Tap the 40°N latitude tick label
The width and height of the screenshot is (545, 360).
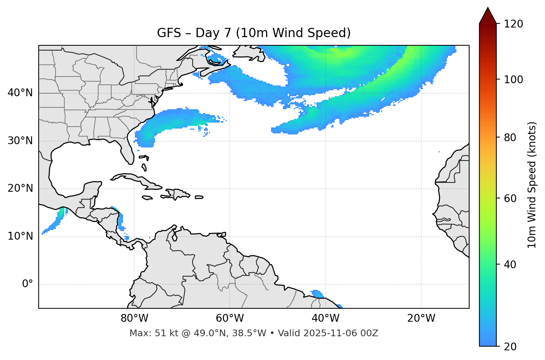(20, 93)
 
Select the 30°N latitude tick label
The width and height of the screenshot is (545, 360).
(20, 141)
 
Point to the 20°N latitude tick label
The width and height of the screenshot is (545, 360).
(20, 188)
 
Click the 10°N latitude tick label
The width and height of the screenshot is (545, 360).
(20, 236)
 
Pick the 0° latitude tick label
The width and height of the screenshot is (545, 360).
(28, 284)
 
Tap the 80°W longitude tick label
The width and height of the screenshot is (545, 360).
(134, 318)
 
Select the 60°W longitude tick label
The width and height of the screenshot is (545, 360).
(230, 318)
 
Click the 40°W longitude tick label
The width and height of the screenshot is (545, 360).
(325, 318)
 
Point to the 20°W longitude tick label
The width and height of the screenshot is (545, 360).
(421, 318)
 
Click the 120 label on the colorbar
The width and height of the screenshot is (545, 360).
(513, 24)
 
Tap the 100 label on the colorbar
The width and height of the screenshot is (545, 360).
(513, 80)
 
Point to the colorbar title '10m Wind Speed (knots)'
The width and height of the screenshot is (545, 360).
(532, 185)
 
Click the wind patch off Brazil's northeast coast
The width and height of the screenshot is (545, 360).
(317, 293)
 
